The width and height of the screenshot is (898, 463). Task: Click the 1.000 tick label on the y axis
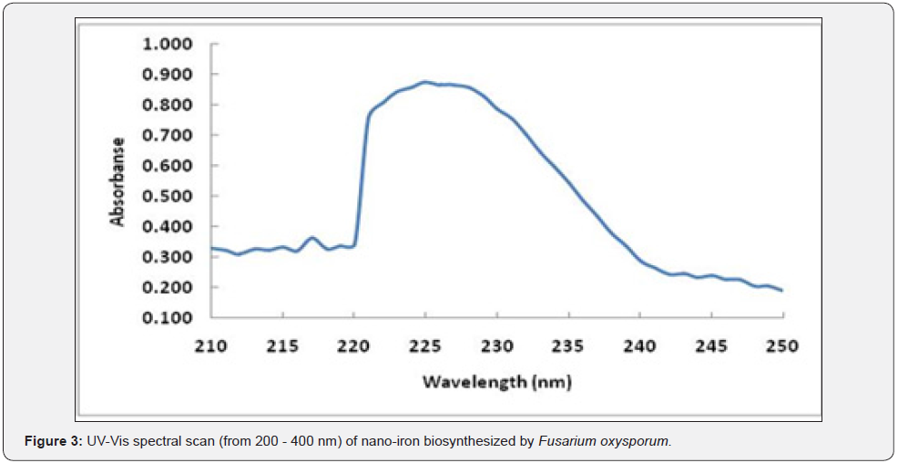pos(167,44)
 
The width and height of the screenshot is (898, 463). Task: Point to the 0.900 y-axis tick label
pos(167,74)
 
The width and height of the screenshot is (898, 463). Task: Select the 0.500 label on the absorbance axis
pos(167,196)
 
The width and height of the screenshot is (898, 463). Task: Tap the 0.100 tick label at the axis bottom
pos(167,318)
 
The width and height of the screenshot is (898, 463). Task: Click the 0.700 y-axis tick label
pos(167,135)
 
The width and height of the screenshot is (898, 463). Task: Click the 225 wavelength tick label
pos(425,346)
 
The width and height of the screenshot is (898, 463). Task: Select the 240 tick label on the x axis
pos(639,346)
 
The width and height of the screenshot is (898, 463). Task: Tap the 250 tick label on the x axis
pos(782,346)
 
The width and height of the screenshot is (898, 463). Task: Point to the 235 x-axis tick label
pos(568,346)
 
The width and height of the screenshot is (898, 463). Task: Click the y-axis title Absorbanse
pos(117,181)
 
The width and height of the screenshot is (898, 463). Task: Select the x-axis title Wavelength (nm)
pos(496,381)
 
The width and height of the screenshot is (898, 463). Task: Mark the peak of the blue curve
pos(424,82)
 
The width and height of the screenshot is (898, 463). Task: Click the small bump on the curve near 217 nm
pos(312,238)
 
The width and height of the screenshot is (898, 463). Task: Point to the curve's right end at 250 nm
pos(781,290)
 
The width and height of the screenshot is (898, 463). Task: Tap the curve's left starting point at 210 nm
pos(212,248)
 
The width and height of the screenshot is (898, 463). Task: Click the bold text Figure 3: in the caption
pos(54,442)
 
